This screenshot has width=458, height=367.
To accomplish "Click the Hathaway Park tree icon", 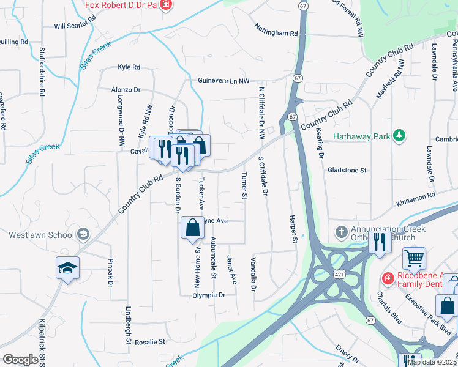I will click(x=400, y=135).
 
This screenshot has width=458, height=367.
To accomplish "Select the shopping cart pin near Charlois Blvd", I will click(x=415, y=259).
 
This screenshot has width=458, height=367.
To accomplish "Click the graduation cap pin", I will click(x=68, y=267).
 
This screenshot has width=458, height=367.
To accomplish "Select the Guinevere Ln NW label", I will click(x=224, y=81).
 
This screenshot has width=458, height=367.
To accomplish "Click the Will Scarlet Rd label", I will click(x=75, y=26).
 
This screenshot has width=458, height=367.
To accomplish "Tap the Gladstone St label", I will click(x=347, y=170).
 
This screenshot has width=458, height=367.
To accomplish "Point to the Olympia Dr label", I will click(x=209, y=295).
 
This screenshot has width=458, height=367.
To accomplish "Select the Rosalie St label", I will click(x=151, y=342).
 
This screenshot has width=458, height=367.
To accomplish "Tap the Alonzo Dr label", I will click(x=126, y=89).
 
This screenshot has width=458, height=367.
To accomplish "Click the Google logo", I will click(x=20, y=360).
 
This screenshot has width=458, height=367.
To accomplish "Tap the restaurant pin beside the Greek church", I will click(x=380, y=242).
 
